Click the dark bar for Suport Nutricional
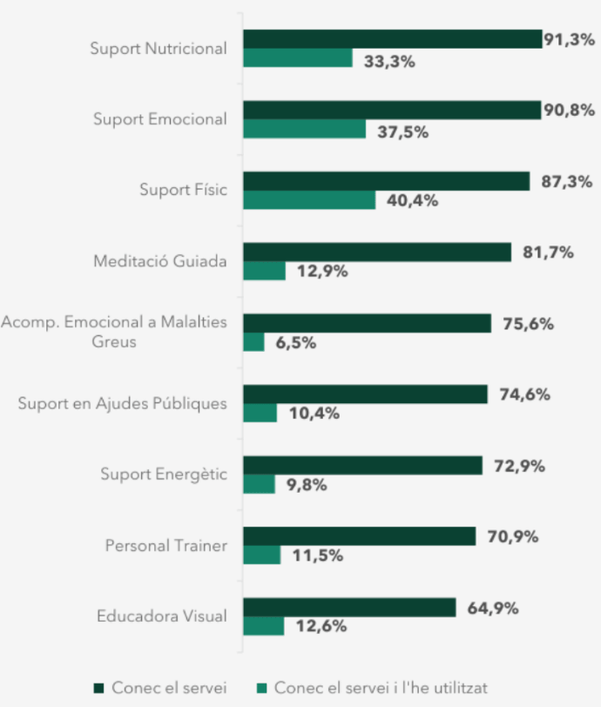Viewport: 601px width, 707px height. pos(392,39)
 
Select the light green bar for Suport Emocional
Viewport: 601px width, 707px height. pos(304,129)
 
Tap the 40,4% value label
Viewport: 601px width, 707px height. pos(414,200)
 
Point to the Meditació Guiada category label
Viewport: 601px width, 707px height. pos(160,261)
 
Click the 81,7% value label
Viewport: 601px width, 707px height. pos(548,252)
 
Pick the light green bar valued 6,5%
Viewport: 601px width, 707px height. pos(253,342)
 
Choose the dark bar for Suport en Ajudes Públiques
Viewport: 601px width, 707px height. pos(365,394)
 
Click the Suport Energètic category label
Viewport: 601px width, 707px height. pos(164,475)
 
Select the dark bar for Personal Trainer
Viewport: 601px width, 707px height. pos(359,536)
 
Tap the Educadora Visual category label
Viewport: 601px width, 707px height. pos(162,616)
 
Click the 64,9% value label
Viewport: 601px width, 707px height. pos(493,608)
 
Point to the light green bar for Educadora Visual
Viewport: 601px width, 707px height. pos(263,626)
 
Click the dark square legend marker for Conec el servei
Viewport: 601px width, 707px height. pos(98,688)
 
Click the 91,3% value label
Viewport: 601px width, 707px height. pos(569,40)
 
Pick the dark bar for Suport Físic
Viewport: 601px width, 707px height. pos(386,181)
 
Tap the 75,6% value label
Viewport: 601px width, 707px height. pos(529,324)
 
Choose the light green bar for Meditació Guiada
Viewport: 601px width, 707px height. pos(264,271)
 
